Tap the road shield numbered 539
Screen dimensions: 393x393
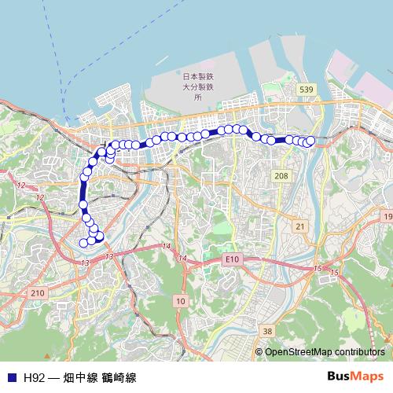click(307, 91)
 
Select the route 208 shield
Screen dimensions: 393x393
click(281, 176)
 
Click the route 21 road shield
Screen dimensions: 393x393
click(299, 226)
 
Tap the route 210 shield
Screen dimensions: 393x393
click(37, 292)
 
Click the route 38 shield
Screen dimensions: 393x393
click(267, 331)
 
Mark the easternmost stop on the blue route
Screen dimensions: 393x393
click(310, 141)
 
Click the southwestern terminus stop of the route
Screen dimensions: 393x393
click(83, 242)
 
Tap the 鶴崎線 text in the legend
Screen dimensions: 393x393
click(119, 377)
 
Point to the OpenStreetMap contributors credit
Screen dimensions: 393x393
click(325, 351)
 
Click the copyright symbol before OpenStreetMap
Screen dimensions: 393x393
click(259, 351)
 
